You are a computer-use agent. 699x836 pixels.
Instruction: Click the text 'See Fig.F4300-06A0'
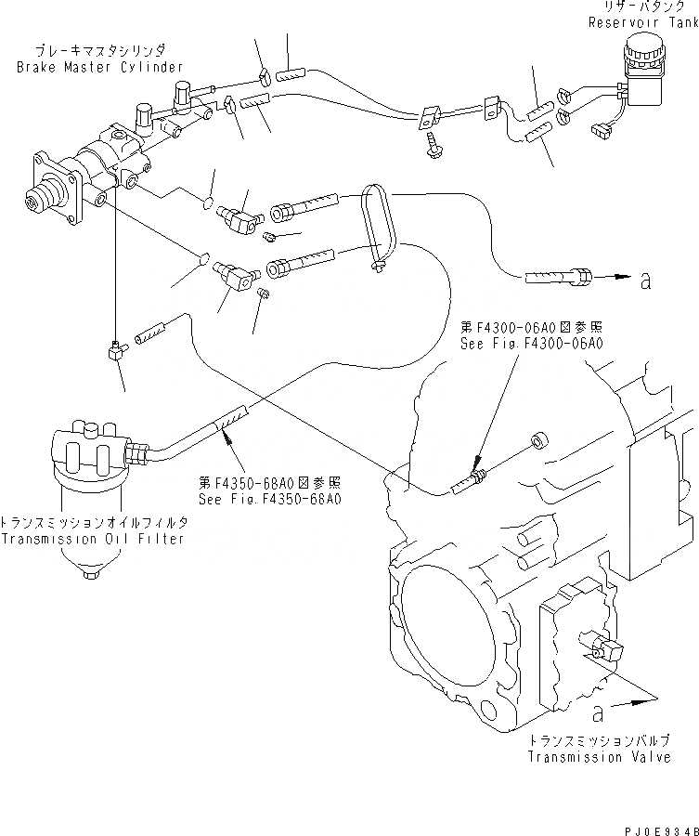pos(532,343)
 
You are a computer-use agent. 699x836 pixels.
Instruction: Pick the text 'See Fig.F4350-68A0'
pos(270,499)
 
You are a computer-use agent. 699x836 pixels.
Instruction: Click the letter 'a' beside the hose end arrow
pos(644,281)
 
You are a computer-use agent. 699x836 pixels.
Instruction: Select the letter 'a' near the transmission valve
pos(598,713)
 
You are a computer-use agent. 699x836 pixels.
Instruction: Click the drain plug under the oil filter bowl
pos(89,575)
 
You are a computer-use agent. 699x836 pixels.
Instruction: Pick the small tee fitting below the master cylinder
pos(114,349)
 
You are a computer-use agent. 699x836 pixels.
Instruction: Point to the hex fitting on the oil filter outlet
pos(136,453)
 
